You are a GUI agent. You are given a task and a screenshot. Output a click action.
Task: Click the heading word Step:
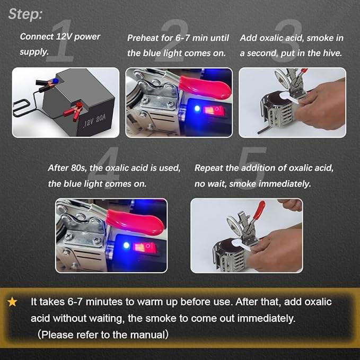[25, 14]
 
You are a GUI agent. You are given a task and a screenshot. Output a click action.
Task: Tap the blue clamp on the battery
[47, 83]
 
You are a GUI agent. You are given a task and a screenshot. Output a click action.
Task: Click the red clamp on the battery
[74, 111]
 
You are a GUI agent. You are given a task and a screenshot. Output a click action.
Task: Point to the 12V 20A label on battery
[94, 121]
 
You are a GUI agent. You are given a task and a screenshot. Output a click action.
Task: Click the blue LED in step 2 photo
[197, 108]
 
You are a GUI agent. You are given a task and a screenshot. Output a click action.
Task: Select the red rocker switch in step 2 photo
[213, 111]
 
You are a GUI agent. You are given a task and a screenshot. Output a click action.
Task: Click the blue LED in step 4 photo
[126, 245]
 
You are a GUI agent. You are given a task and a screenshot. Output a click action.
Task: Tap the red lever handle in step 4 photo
[135, 222]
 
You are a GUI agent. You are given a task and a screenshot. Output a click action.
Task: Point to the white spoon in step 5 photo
[242, 244]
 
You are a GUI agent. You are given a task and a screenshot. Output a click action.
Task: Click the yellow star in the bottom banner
[12, 302]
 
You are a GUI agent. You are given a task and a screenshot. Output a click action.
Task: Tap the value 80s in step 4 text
[79, 168]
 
